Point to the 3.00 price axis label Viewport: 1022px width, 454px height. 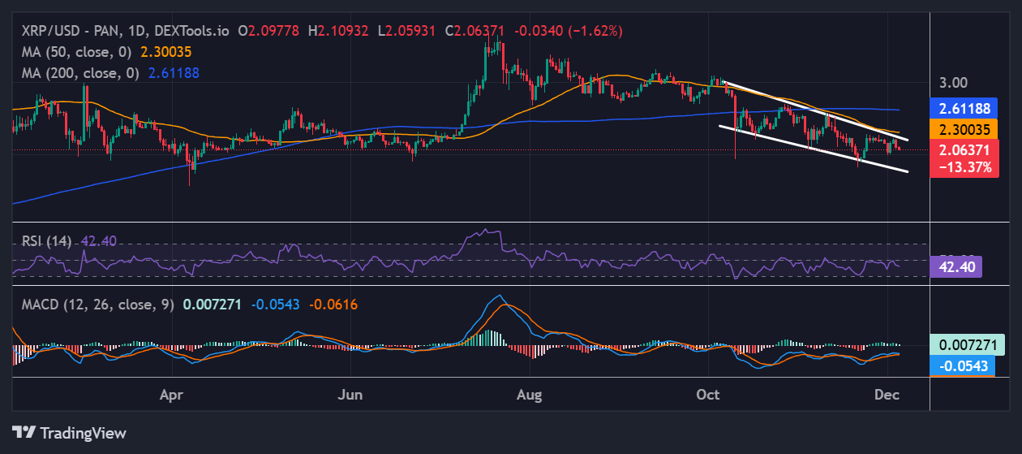tap(954, 83)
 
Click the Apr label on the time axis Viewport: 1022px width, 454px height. tap(170, 395)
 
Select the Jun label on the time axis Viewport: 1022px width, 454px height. tap(350, 395)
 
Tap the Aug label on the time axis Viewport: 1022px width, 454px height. tap(529, 395)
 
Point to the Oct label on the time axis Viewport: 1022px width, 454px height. tap(708, 395)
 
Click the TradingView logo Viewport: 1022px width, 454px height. tap(70, 433)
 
